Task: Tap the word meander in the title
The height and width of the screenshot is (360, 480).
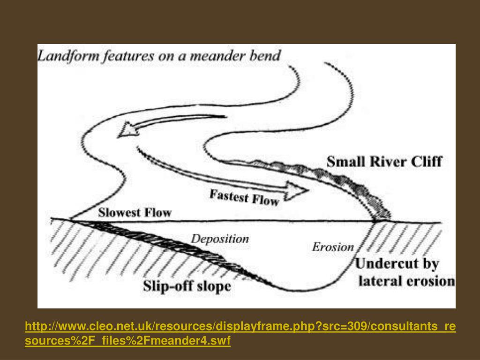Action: point(225,57)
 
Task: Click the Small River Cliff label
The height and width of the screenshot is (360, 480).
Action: point(384,162)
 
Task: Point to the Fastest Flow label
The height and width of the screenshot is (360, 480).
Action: point(244,197)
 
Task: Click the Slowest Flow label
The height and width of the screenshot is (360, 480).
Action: point(135,212)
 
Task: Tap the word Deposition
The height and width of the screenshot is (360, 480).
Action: point(220,239)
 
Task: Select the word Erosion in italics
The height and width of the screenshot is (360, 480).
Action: point(333,247)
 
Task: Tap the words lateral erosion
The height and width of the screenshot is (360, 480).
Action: point(406,281)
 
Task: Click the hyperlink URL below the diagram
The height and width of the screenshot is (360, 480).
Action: point(240,333)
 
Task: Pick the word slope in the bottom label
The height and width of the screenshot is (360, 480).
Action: point(214,286)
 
